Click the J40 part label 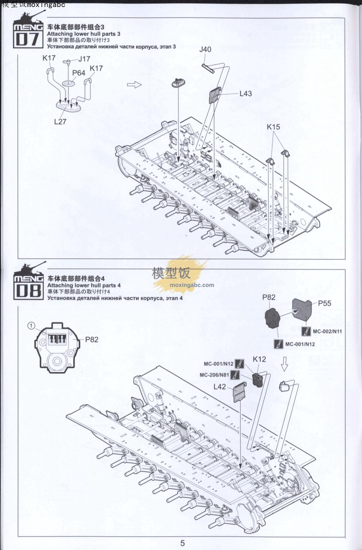(x=205, y=49)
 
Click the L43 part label (x=245, y=94)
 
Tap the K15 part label (x=273, y=127)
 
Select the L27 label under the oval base (x=60, y=122)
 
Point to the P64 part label (x=79, y=73)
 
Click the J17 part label (x=84, y=59)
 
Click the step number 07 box (x=27, y=39)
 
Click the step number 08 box (x=28, y=291)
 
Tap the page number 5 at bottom (x=183, y=543)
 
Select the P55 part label (x=325, y=303)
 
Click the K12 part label (x=259, y=359)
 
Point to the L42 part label (x=220, y=387)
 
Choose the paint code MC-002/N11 (x=327, y=332)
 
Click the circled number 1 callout (x=31, y=325)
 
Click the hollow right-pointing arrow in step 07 (x=134, y=85)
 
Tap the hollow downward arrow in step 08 (x=284, y=363)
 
